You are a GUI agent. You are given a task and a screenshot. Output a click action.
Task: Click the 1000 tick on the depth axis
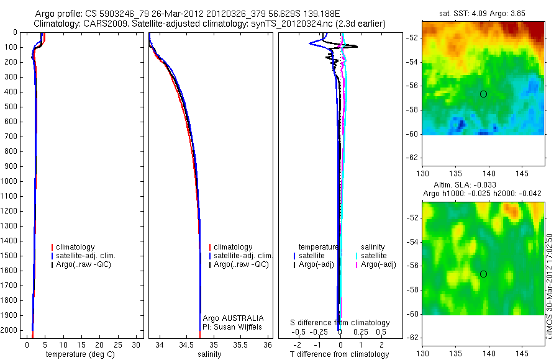10,181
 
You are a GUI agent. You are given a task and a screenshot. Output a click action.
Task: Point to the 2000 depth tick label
10,330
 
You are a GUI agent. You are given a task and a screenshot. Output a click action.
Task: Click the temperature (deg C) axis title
80,354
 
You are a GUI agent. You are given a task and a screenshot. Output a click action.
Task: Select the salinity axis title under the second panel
209,354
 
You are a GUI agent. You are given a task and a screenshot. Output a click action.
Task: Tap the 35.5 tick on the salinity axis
240,345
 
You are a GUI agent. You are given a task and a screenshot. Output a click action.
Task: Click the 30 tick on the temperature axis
136,345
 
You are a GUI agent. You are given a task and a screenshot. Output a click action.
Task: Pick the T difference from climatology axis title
339,354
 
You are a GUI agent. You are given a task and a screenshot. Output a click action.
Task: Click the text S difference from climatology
340,323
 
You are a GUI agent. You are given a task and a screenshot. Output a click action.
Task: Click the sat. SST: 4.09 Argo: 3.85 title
483,14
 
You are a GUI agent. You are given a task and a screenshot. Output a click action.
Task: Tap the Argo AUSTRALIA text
233,318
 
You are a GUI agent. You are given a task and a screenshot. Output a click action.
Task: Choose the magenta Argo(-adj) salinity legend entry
376,264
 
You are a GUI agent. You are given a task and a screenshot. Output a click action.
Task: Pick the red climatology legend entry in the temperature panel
73,247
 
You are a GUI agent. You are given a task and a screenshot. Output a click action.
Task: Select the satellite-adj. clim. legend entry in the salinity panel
241,256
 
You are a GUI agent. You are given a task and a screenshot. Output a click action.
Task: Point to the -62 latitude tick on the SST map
412,158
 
